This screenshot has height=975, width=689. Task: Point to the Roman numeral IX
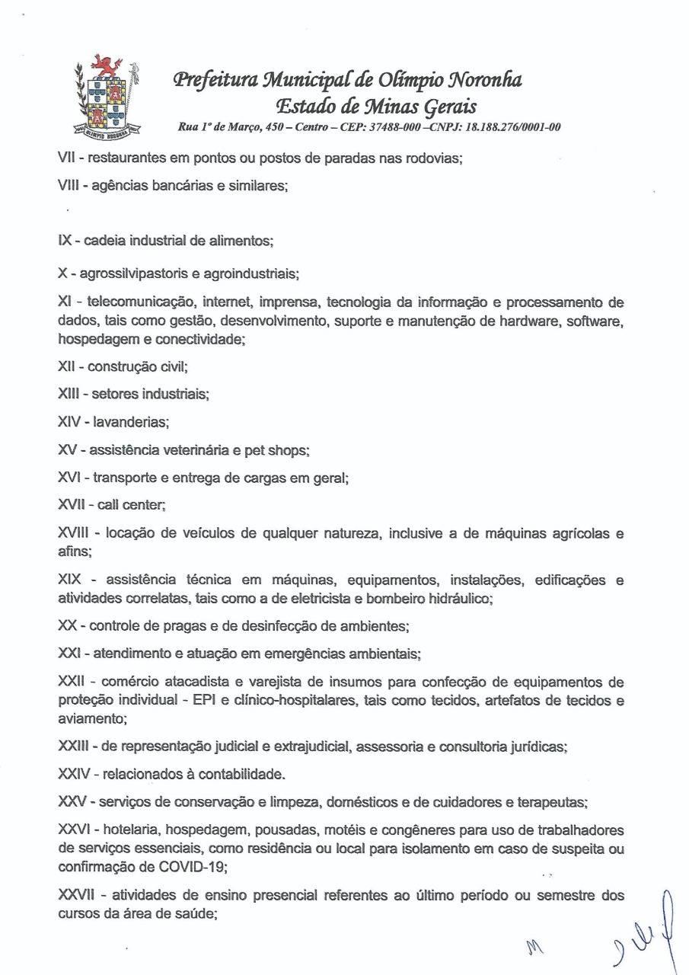(65, 241)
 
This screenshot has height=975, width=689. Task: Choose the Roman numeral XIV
(69, 421)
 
